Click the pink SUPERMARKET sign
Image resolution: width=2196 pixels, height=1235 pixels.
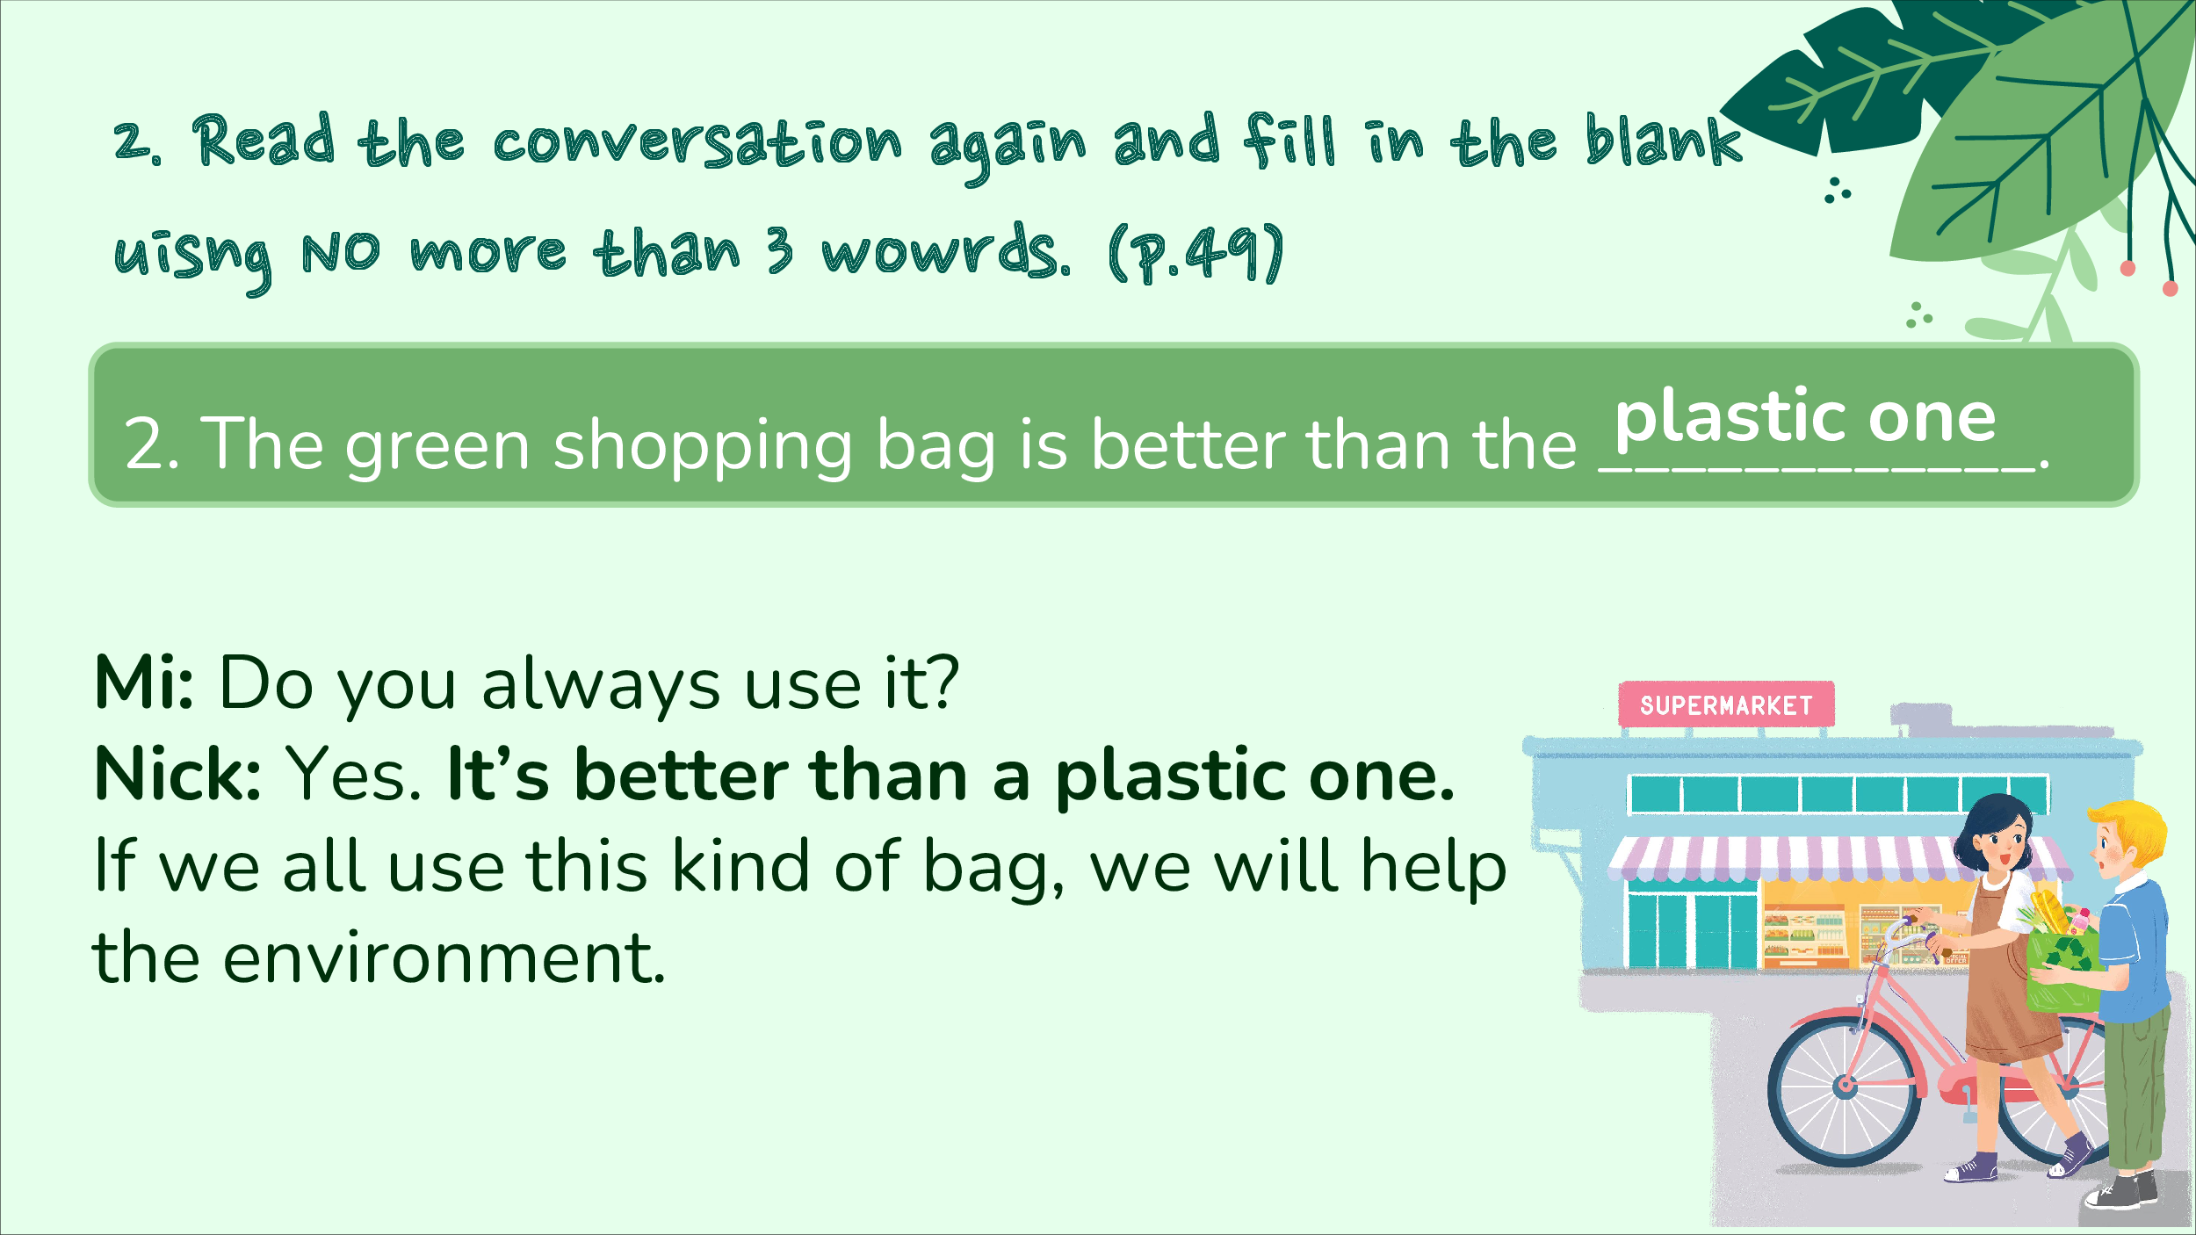pyautogui.click(x=1726, y=704)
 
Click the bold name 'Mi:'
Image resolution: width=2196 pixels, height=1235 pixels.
pyautogui.click(x=144, y=682)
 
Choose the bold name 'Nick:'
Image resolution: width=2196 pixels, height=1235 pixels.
pyautogui.click(x=177, y=774)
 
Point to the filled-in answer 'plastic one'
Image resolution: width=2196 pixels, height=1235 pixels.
pyautogui.click(x=1806, y=416)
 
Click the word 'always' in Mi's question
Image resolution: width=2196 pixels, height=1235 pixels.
pyautogui.click(x=601, y=686)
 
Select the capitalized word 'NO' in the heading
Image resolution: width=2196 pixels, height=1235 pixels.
pyautogui.click(x=341, y=252)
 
